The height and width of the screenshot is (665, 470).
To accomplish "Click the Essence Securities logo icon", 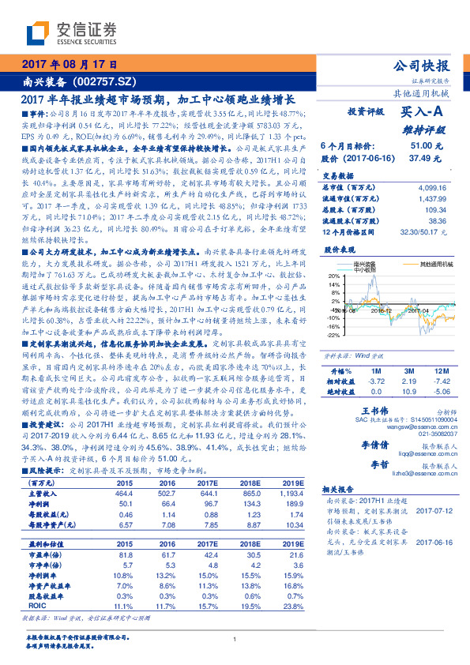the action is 38,32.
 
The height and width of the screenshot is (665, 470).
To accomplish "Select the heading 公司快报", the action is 428,66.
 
